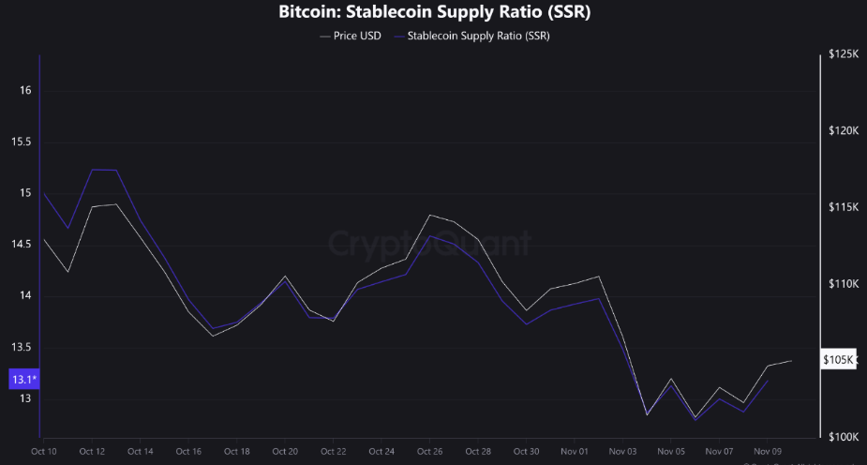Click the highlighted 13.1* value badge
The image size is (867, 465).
tap(23, 380)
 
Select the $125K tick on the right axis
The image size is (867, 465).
tap(844, 55)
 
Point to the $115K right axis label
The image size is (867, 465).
tap(844, 207)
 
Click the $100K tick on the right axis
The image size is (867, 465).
tap(844, 437)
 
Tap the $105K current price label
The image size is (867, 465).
tap(838, 360)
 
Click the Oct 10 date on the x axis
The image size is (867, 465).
tap(43, 451)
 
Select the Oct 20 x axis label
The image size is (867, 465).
tap(285, 451)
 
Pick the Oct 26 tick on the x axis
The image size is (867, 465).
tap(429, 451)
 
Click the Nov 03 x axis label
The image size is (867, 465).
tap(622, 451)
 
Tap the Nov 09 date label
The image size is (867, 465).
tap(768, 451)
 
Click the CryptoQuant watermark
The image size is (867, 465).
tap(430, 244)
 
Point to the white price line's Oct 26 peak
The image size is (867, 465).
tap(429, 215)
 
